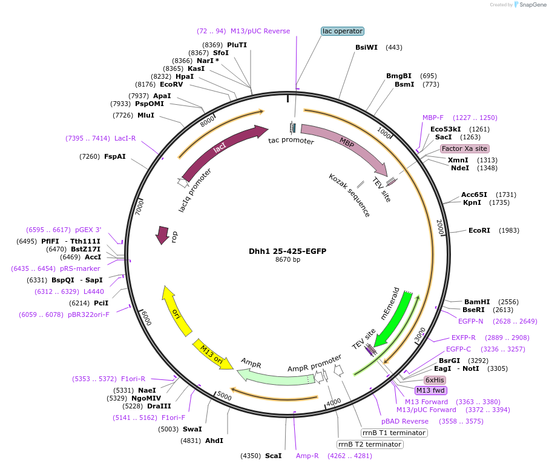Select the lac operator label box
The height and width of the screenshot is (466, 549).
tap(343, 31)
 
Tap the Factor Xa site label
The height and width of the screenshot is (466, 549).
tap(464, 148)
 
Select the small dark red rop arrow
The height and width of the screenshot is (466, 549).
tap(162, 235)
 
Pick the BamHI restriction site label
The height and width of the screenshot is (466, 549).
tap(477, 302)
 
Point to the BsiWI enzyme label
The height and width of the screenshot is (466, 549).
tap(366, 47)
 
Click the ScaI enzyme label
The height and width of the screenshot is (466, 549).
tap(273, 456)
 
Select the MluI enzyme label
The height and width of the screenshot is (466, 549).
tap(146, 115)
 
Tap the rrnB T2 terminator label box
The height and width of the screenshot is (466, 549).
tap(370, 444)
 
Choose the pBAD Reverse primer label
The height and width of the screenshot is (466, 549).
tap(405, 421)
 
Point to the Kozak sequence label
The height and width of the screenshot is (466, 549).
tap(349, 195)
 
